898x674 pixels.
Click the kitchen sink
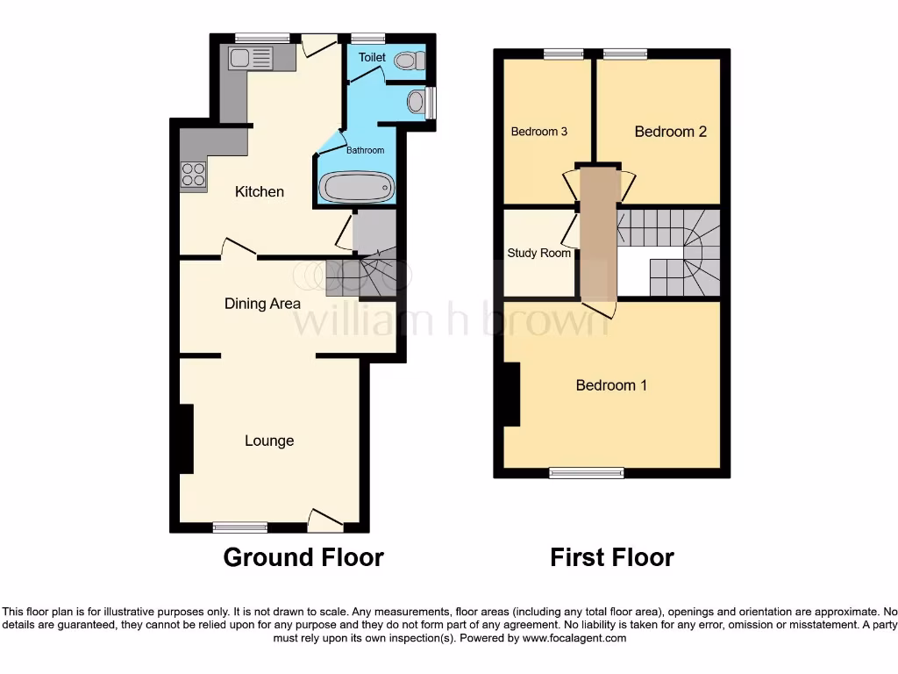[251, 59]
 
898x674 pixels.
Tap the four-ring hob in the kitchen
[193, 175]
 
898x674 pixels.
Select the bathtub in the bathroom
[356, 186]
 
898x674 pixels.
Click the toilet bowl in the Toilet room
[407, 61]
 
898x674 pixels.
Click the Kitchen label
[260, 191]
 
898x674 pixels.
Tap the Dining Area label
[262, 304]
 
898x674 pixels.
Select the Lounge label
[269, 441]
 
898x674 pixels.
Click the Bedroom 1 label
[611, 385]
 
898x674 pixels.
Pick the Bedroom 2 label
[671, 132]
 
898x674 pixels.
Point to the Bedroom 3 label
[539, 132]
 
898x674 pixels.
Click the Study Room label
[539, 254]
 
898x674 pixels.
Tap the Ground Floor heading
[303, 557]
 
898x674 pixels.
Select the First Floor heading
[612, 557]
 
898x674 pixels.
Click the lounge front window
[240, 527]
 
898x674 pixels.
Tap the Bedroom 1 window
[587, 472]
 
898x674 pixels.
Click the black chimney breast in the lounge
[186, 439]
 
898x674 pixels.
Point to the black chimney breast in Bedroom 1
[511, 395]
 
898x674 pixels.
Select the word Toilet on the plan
[372, 57]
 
